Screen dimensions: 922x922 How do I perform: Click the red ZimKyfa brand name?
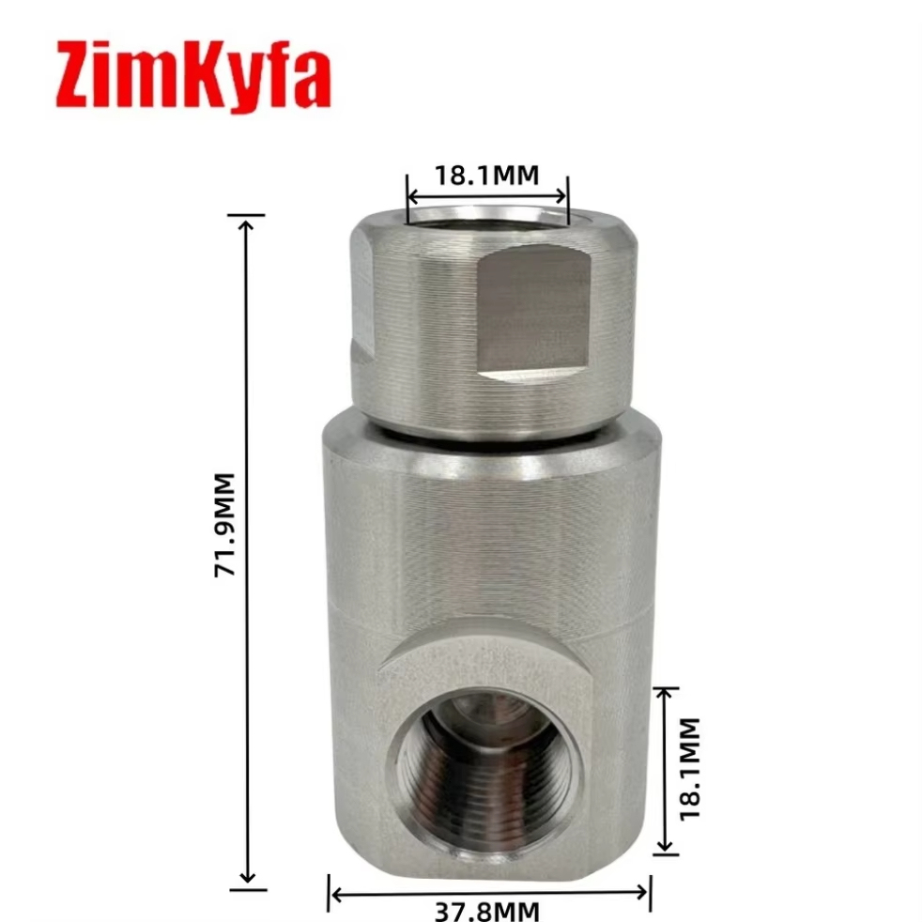[193, 75]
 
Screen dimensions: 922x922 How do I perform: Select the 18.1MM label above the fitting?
[487, 176]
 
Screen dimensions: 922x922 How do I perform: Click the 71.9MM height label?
[224, 525]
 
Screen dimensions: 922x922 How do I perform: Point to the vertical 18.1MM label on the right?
[689, 769]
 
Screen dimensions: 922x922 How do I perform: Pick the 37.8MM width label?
[487, 911]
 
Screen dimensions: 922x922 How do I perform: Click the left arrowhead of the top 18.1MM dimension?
[413, 196]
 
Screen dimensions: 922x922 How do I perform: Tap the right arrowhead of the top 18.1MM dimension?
[561, 196]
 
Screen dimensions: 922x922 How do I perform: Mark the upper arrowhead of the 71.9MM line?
[248, 224]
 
